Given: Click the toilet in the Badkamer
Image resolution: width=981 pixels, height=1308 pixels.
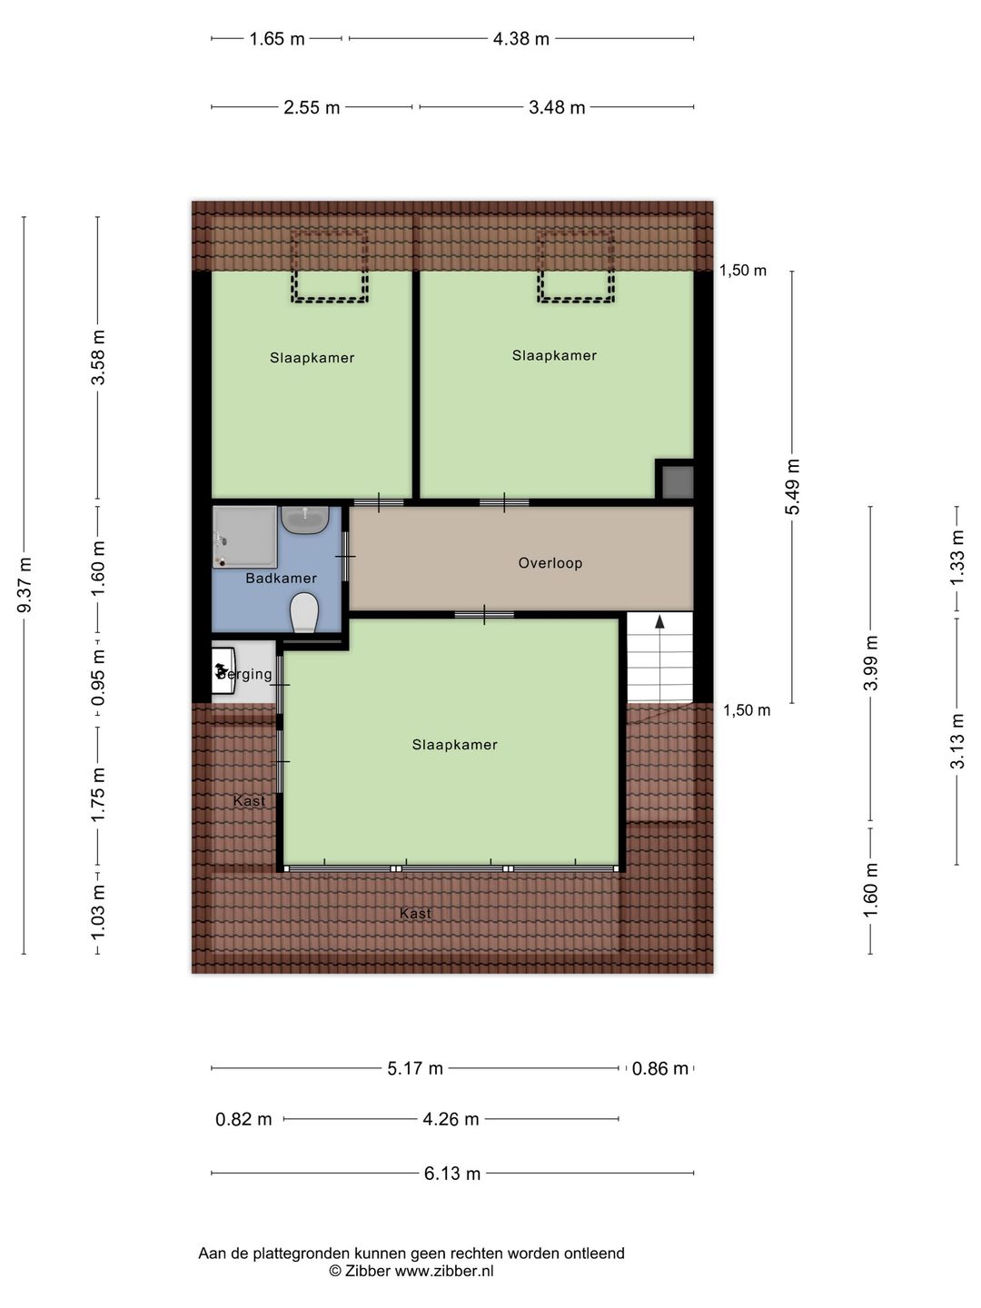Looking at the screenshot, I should (x=303, y=612).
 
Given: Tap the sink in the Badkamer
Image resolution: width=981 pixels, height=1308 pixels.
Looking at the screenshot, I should (x=304, y=520).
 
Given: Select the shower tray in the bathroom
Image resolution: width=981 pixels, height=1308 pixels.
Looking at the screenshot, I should (x=244, y=537).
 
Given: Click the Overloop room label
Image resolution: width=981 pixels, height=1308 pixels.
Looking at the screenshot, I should (x=550, y=563).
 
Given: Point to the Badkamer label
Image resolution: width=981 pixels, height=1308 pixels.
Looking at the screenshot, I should (x=281, y=579).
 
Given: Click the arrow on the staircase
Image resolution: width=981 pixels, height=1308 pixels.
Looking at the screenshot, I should (x=659, y=622).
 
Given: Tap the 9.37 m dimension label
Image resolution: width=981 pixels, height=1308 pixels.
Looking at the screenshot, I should (x=25, y=585).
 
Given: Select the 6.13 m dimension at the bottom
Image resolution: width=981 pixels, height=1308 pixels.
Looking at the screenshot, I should (x=452, y=1174).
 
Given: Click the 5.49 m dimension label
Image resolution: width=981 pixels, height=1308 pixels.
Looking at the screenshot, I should (x=793, y=487).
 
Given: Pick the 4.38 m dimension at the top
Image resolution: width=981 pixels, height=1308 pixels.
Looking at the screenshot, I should (x=521, y=39).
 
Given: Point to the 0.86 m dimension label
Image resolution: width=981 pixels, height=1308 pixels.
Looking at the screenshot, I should (x=660, y=1069).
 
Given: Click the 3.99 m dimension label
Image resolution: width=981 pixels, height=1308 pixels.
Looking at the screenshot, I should (x=871, y=662).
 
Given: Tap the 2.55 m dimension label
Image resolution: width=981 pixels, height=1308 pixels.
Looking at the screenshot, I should (x=312, y=108).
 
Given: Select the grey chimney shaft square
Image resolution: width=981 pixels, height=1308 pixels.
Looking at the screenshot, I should (x=677, y=481).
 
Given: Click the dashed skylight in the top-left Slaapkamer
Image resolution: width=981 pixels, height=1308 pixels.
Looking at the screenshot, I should (x=329, y=266).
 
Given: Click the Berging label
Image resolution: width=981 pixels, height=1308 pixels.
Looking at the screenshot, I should (x=245, y=674).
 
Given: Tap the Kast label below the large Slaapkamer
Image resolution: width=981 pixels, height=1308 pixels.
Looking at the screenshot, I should (x=415, y=914).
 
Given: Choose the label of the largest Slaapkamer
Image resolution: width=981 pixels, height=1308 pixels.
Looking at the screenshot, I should (x=454, y=745).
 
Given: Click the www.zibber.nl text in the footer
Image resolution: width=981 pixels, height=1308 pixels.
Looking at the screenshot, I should (x=444, y=1272).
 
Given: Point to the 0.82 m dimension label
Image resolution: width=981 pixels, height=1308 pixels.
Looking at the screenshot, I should (x=243, y=1120).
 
